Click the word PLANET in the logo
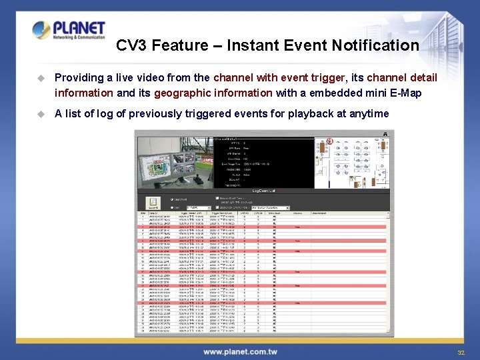(x=79, y=28)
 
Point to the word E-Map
(x=406, y=93)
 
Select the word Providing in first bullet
(x=81, y=77)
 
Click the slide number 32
(x=461, y=352)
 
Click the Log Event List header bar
(x=264, y=191)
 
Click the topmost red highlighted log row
(x=264, y=227)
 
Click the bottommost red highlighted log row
(x=264, y=303)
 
